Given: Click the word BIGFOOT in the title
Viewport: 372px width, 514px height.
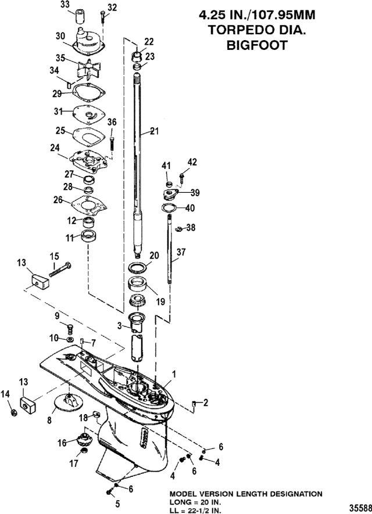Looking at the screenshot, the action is pyautogui.click(x=257, y=45).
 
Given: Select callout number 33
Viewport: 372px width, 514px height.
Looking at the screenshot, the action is pyautogui.click(x=65, y=5).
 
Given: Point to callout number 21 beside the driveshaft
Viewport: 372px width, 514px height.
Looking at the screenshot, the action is pyautogui.click(x=154, y=131).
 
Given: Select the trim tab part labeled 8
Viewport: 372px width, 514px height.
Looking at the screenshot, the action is pyautogui.click(x=69, y=401).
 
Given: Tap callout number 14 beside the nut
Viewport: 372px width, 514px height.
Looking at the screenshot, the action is pyautogui.click(x=5, y=396).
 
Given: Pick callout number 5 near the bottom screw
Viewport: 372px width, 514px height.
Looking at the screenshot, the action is pyautogui.click(x=117, y=504).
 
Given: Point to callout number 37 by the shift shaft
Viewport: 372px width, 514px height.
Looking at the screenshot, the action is pyautogui.click(x=181, y=252).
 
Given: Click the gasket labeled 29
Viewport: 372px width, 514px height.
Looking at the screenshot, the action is pyautogui.click(x=89, y=93).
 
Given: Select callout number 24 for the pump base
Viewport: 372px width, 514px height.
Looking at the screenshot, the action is pyautogui.click(x=55, y=148).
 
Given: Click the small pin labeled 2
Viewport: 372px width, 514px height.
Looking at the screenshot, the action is pyautogui.click(x=194, y=404).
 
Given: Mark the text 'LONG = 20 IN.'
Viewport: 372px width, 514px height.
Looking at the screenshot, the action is pyautogui.click(x=195, y=502).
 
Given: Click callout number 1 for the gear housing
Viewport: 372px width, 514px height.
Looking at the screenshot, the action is pyautogui.click(x=174, y=374).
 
